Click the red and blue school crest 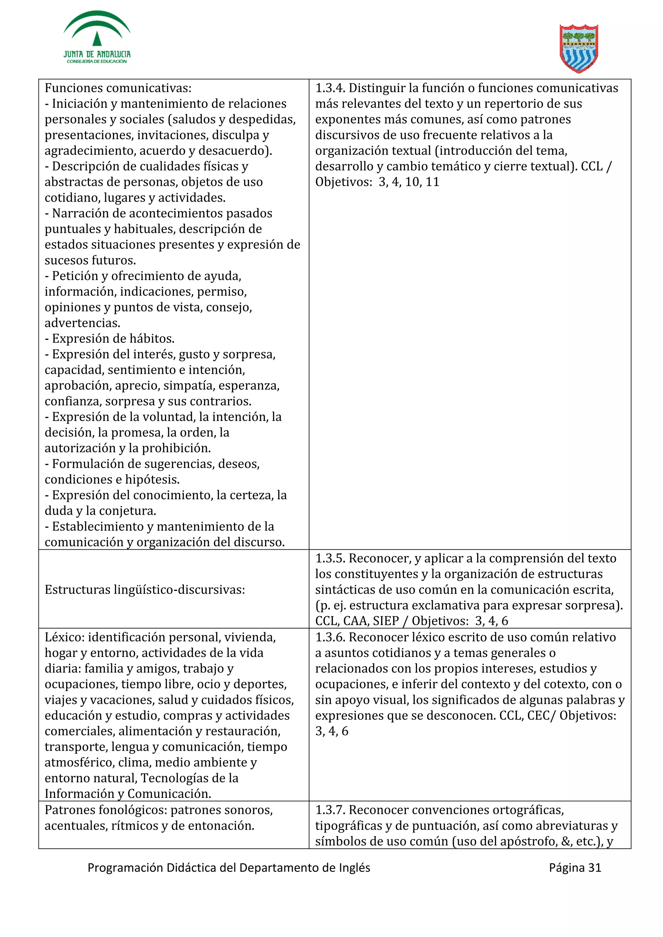pyautogui.click(x=579, y=48)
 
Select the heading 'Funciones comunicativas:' pyautogui.click(x=118, y=88)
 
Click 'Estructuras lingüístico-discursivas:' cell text pyautogui.click(x=145, y=589)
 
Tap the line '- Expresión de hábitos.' pyautogui.click(x=109, y=338)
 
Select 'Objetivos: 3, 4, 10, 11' pyautogui.click(x=377, y=182)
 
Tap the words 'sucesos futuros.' pyautogui.click(x=90, y=260)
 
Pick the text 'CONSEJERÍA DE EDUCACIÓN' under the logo pyautogui.click(x=97, y=61)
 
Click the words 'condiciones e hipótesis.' pyautogui.click(x=112, y=479)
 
